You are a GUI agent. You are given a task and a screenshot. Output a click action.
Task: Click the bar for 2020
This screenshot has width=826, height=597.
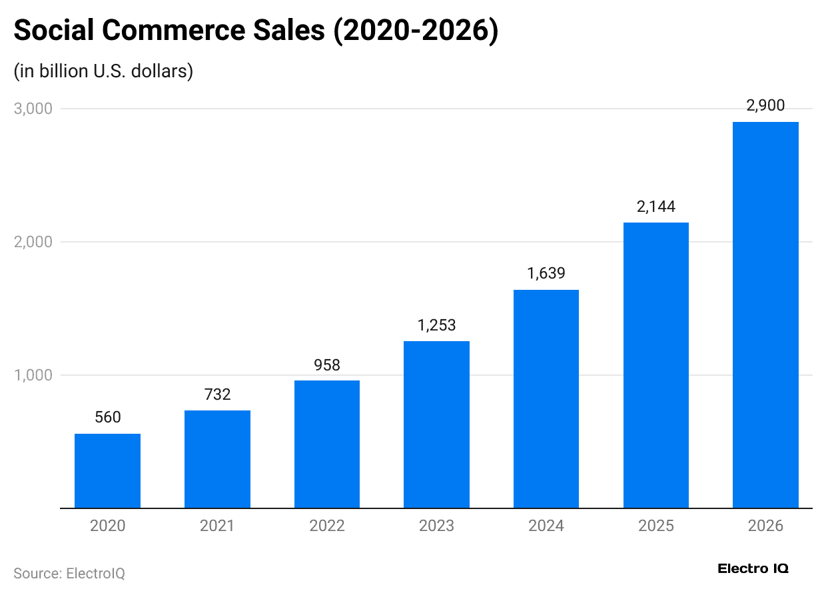pyautogui.click(x=107, y=470)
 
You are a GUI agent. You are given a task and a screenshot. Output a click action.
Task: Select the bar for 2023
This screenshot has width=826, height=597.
pyautogui.click(x=436, y=424)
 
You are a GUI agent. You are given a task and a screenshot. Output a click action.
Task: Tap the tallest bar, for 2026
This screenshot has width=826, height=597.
pyautogui.click(x=765, y=314)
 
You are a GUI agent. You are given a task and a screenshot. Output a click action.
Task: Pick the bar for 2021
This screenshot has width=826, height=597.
pyautogui.click(x=217, y=459)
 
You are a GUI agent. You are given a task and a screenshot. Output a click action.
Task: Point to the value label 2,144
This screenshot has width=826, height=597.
pyautogui.click(x=656, y=207)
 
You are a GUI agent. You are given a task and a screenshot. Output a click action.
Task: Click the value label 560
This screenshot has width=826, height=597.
pyautogui.click(x=107, y=418)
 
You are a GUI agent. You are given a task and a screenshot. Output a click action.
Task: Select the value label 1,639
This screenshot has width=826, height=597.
pyautogui.click(x=546, y=274)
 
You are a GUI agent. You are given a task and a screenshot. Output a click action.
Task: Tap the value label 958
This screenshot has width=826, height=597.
pyautogui.click(x=327, y=365)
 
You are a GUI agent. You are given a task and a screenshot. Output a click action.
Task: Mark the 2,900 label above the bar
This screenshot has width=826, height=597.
pyautogui.click(x=765, y=105)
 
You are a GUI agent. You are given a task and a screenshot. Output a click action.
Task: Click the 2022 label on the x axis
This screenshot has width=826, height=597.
pyautogui.click(x=327, y=526)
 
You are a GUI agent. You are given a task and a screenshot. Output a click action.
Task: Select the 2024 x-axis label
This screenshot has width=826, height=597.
pyautogui.click(x=546, y=526)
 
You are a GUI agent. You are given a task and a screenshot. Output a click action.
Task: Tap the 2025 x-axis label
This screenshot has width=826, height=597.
pyautogui.click(x=656, y=526)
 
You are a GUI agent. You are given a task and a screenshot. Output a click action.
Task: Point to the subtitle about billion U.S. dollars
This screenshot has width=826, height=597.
pyautogui.click(x=103, y=71)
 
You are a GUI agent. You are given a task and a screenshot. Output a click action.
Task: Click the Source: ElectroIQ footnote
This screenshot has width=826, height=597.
pyautogui.click(x=69, y=573)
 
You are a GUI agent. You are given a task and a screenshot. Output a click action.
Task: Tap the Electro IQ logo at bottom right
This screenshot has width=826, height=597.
pyautogui.click(x=753, y=568)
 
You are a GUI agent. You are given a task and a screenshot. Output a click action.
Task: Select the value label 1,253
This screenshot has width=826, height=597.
pyautogui.click(x=436, y=325)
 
